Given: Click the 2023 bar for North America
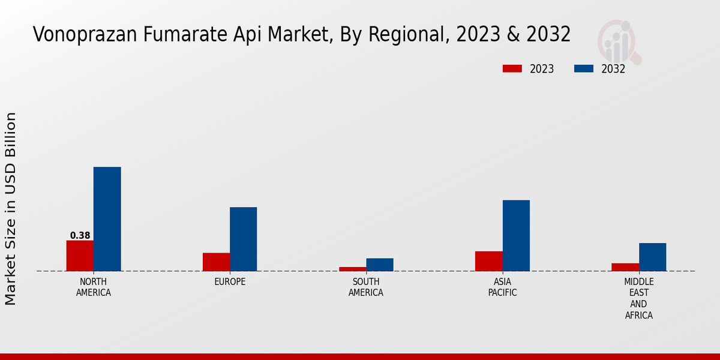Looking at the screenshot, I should click(80, 256).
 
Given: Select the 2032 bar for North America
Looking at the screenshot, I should click(107, 219).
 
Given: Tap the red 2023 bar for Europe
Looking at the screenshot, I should click(216, 262).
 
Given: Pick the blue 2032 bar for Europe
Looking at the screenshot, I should click(243, 239).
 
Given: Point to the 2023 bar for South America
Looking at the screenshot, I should click(352, 269).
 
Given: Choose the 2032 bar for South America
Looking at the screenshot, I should click(380, 265).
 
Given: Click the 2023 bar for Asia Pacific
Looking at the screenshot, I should click(488, 261).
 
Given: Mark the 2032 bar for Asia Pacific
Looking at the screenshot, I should click(516, 235).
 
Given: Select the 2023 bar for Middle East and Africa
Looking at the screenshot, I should click(625, 267).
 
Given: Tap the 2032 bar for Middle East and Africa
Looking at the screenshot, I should click(652, 257).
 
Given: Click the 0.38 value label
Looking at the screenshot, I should click(80, 236).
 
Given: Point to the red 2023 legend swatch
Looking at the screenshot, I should click(512, 68).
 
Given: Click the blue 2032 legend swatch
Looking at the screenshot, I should click(584, 68).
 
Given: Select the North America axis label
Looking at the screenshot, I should click(94, 287).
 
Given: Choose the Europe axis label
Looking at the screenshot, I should click(230, 282).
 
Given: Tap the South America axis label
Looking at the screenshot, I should click(366, 287).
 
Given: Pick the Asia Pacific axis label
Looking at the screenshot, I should click(502, 287).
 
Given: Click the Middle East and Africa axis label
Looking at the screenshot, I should click(638, 299).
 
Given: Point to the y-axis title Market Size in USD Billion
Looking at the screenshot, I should click(11, 208).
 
